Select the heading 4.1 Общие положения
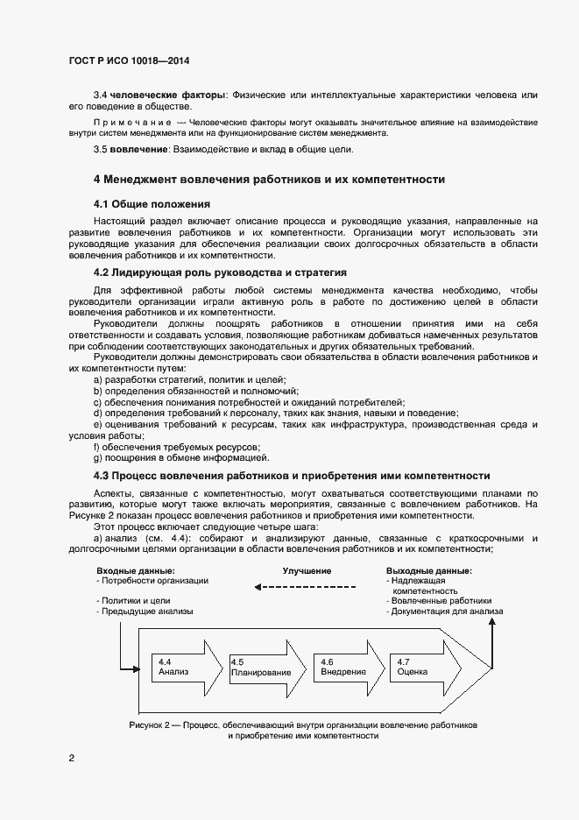pyautogui.click(x=145, y=203)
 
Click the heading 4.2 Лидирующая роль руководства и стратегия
pyautogui.click(x=220, y=272)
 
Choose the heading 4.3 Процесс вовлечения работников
pyautogui.click(x=291, y=476)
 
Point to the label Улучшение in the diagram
pyautogui.click(x=307, y=571)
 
